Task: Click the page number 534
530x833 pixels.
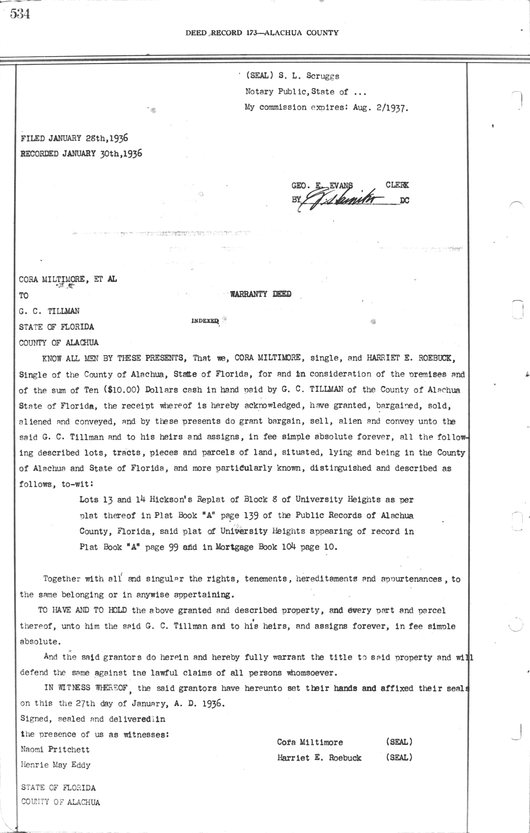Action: click(x=20, y=14)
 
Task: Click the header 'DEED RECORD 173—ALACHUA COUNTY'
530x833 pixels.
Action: click(x=262, y=33)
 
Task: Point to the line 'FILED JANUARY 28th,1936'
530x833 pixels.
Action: click(x=74, y=138)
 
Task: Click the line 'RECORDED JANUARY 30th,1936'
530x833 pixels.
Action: click(x=81, y=153)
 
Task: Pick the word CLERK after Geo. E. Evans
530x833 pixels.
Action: click(x=397, y=185)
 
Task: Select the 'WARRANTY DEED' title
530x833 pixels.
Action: click(x=261, y=294)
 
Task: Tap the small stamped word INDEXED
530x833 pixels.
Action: click(x=205, y=321)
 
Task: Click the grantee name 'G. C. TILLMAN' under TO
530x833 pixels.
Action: click(x=49, y=311)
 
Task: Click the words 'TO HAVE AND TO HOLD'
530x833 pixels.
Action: click(x=83, y=611)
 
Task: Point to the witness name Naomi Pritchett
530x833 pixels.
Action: click(x=55, y=749)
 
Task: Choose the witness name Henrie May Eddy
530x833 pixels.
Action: click(x=56, y=765)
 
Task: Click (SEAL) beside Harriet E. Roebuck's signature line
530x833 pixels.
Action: click(x=399, y=757)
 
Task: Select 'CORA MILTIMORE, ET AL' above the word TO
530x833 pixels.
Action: click(x=68, y=279)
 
